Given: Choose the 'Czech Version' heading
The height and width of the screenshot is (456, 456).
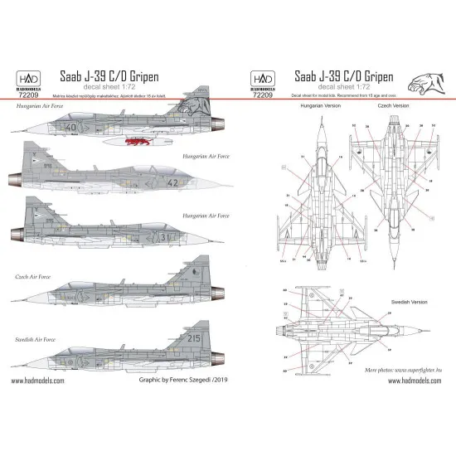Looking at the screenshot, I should [391, 108].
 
